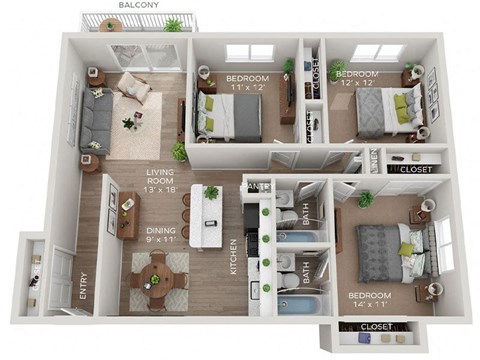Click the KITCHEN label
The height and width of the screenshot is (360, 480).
click(x=233, y=257)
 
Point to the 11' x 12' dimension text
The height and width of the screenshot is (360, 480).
click(x=244, y=88)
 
